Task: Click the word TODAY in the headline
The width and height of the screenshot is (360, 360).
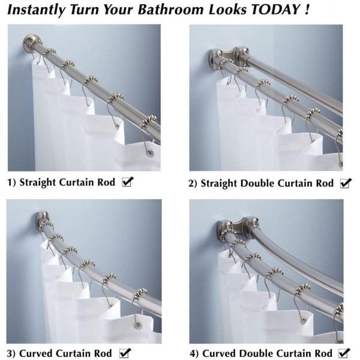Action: click(x=275, y=10)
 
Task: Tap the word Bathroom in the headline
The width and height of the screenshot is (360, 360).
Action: click(x=170, y=10)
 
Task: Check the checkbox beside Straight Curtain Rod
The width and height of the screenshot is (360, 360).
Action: click(x=127, y=182)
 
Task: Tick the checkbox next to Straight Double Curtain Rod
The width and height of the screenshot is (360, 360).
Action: click(x=346, y=183)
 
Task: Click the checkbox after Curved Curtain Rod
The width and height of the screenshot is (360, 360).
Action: click(x=125, y=353)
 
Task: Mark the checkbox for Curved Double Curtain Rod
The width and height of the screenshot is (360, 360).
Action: click(x=344, y=353)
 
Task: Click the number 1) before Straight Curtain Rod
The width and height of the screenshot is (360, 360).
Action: click(x=11, y=182)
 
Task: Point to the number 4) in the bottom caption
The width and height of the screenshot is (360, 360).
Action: click(x=194, y=353)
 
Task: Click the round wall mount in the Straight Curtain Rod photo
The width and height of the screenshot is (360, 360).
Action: click(x=30, y=43)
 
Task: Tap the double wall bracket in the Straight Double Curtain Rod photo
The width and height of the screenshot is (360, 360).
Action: click(x=229, y=57)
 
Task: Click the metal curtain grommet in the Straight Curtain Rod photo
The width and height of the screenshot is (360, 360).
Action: click(x=149, y=152)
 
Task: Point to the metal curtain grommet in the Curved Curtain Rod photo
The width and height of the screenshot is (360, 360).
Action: click(x=137, y=325)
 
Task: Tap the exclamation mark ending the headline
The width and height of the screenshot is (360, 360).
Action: click(x=307, y=10)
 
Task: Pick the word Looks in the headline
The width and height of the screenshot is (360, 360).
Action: click(x=227, y=10)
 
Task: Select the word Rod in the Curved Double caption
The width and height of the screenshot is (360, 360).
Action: click(x=323, y=353)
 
